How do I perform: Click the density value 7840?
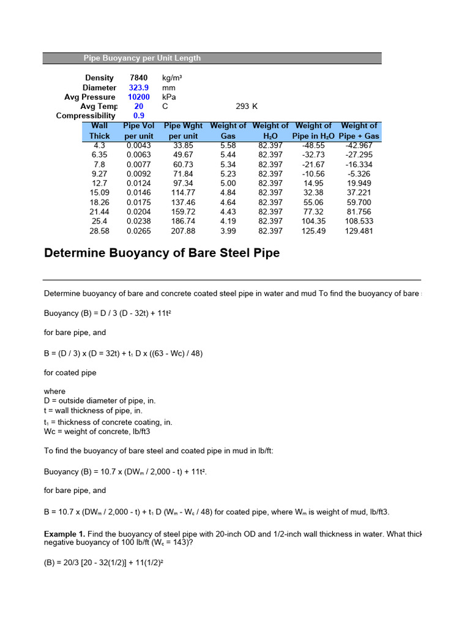tap(139, 78)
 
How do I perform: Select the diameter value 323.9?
tap(139, 88)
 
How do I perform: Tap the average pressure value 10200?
tap(139, 97)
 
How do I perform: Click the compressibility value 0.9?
tap(139, 116)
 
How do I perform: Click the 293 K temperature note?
tap(247, 106)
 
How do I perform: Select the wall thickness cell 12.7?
tap(100, 183)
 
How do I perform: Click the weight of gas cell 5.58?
tap(228, 145)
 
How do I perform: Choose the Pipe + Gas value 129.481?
tap(359, 231)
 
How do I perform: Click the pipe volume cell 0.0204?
tap(138, 212)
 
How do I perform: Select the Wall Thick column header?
tap(100, 130)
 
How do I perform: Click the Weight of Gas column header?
tap(228, 130)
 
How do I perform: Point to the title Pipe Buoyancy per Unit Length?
tap(142, 58)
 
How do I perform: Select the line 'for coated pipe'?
tap(70, 372)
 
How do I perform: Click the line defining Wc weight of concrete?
tap(97, 431)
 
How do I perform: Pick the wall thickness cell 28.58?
tap(100, 231)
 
